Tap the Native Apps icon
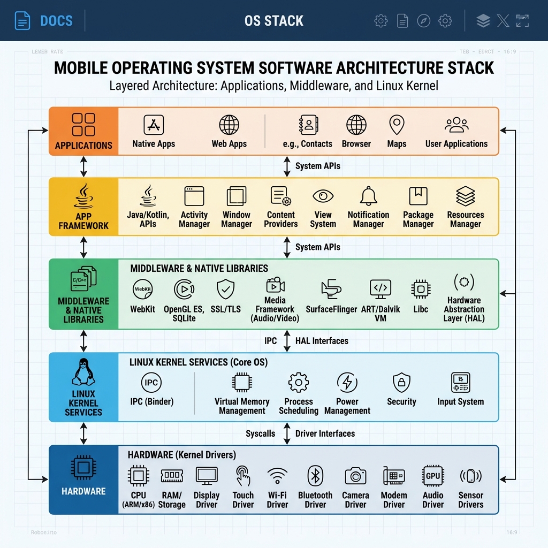click(x=154, y=125)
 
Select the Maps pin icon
click(x=397, y=125)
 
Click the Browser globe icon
click(x=356, y=125)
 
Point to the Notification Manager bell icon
click(x=368, y=196)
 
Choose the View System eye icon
click(x=323, y=196)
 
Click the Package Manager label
click(x=418, y=219)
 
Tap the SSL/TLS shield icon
click(x=225, y=289)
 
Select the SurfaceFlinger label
click(x=331, y=309)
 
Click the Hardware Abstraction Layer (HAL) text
click(x=463, y=309)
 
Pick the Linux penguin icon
click(x=83, y=372)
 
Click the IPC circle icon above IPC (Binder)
click(x=151, y=383)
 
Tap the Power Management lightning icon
click(x=347, y=383)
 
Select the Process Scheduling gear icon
click(x=298, y=383)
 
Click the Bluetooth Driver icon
click(x=315, y=476)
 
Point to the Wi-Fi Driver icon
click(x=277, y=476)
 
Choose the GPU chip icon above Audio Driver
click(x=432, y=476)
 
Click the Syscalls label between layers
click(x=260, y=433)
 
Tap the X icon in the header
click(x=503, y=21)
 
